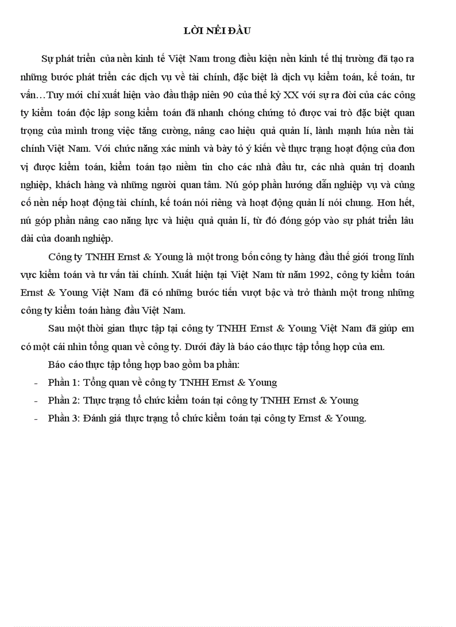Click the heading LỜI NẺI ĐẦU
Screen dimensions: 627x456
[x=217, y=31]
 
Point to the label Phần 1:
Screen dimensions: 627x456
[x=65, y=382]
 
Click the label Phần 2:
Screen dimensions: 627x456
[x=65, y=400]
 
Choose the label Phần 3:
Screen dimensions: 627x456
[x=65, y=418]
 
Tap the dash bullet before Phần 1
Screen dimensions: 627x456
[x=36, y=383]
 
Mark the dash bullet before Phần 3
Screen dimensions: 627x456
[x=36, y=419]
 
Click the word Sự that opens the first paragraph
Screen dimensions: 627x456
[x=47, y=59]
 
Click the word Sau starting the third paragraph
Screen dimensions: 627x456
[x=58, y=328]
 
